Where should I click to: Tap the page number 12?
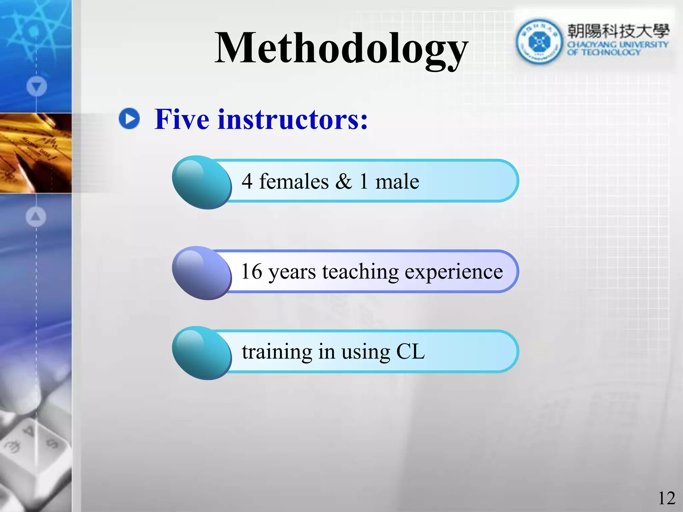point(666,498)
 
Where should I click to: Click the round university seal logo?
point(539,42)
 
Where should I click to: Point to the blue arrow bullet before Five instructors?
point(129,118)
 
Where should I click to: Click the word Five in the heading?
point(182,119)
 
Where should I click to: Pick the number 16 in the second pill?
point(251,271)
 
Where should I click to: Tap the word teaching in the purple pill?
point(360,272)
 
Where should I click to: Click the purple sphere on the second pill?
point(202,273)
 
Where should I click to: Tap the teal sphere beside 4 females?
point(202,182)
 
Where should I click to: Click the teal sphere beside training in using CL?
point(202,353)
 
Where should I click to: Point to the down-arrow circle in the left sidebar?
point(36,87)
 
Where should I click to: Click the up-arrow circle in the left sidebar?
point(36,217)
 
